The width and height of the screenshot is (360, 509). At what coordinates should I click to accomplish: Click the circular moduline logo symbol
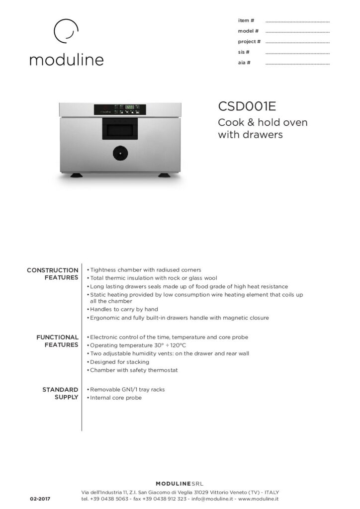coord(66,32)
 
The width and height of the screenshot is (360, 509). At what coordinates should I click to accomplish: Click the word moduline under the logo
coord(66,60)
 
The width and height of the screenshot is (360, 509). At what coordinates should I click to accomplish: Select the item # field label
coord(247,20)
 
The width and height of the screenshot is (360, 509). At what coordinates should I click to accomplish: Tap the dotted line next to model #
coord(297,31)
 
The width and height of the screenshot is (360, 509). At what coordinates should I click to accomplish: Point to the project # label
coord(249,42)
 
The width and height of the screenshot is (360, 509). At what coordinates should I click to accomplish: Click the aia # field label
coord(245,63)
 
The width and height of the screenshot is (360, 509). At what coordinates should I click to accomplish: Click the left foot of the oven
coord(77,175)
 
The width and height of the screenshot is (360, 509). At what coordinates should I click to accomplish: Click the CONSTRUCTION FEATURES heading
coord(53,274)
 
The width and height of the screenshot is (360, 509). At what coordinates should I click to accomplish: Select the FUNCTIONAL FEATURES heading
coord(57,341)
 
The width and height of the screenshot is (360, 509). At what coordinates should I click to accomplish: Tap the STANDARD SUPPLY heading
coord(61,393)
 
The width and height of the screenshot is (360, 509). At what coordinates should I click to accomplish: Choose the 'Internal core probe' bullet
coord(115,398)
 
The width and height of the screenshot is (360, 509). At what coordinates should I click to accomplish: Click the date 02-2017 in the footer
coord(40,498)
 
